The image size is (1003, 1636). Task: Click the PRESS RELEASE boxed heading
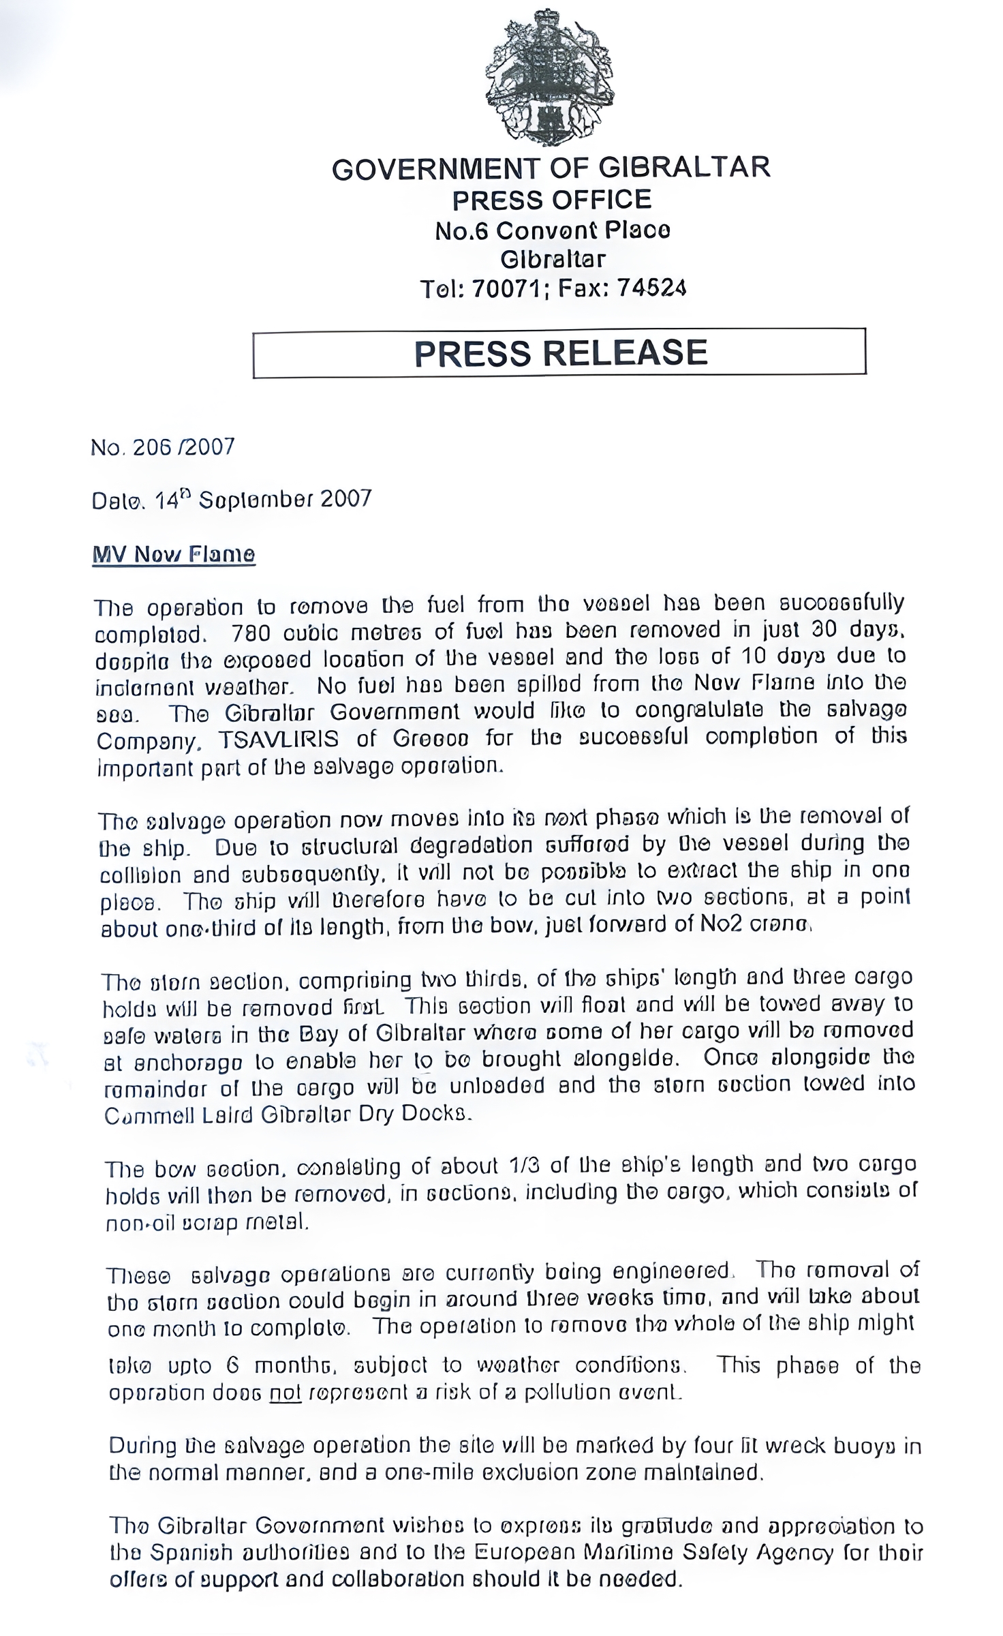pyautogui.click(x=560, y=353)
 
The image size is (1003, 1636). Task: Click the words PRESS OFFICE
pyautogui.click(x=552, y=200)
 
